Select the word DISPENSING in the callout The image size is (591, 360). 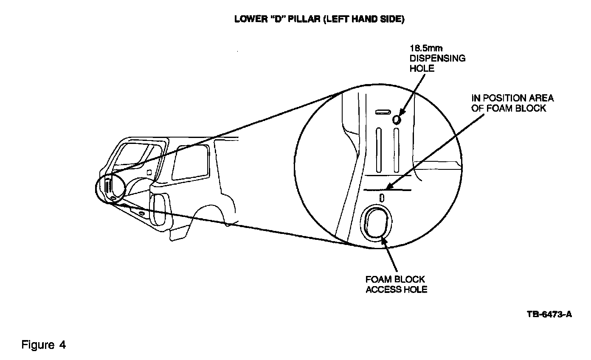pyautogui.click(x=437, y=58)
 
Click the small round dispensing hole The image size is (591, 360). pyautogui.click(x=397, y=120)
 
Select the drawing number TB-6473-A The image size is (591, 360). pyautogui.click(x=549, y=315)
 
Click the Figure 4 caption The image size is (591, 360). pyautogui.click(x=44, y=345)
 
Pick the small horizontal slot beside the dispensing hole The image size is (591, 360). pyautogui.click(x=383, y=112)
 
